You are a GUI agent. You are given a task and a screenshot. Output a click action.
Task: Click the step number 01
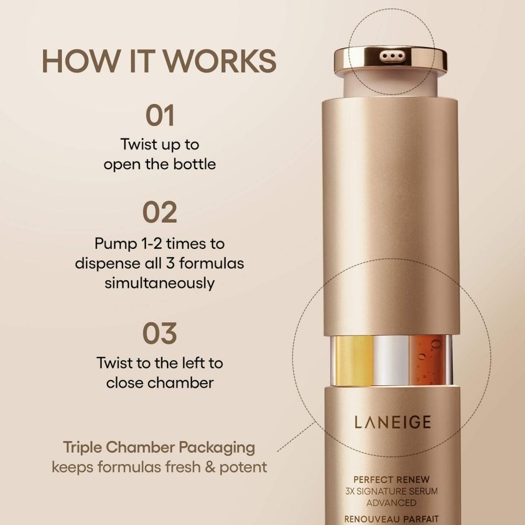160,115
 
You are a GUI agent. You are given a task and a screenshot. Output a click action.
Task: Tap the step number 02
160,212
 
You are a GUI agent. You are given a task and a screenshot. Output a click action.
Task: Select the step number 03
160,333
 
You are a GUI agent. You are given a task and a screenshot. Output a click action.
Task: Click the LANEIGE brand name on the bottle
392,422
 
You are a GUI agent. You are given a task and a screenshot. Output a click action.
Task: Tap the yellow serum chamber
354,360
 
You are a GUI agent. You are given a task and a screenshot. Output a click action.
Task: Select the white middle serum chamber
391,360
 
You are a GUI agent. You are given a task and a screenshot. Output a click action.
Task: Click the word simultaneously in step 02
160,283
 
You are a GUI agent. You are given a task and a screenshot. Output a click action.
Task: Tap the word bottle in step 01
194,164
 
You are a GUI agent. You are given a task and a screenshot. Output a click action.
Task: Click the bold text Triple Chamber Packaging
159,447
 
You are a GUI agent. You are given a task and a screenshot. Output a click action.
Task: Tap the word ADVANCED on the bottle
392,503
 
